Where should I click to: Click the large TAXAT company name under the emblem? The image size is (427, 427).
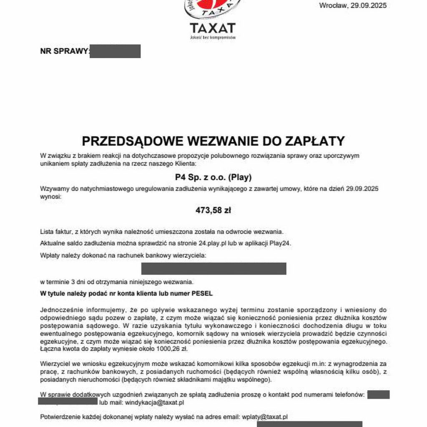(213, 28)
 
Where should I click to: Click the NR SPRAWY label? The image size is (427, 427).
(65, 51)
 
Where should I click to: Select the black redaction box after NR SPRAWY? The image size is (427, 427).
(115, 51)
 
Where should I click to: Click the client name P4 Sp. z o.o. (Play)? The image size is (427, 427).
(213, 177)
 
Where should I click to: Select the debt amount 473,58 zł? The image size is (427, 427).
(213, 211)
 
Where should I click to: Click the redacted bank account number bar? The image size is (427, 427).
(213, 269)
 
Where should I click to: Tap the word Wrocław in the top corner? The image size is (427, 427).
(331, 6)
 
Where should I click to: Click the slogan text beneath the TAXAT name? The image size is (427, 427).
(213, 38)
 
